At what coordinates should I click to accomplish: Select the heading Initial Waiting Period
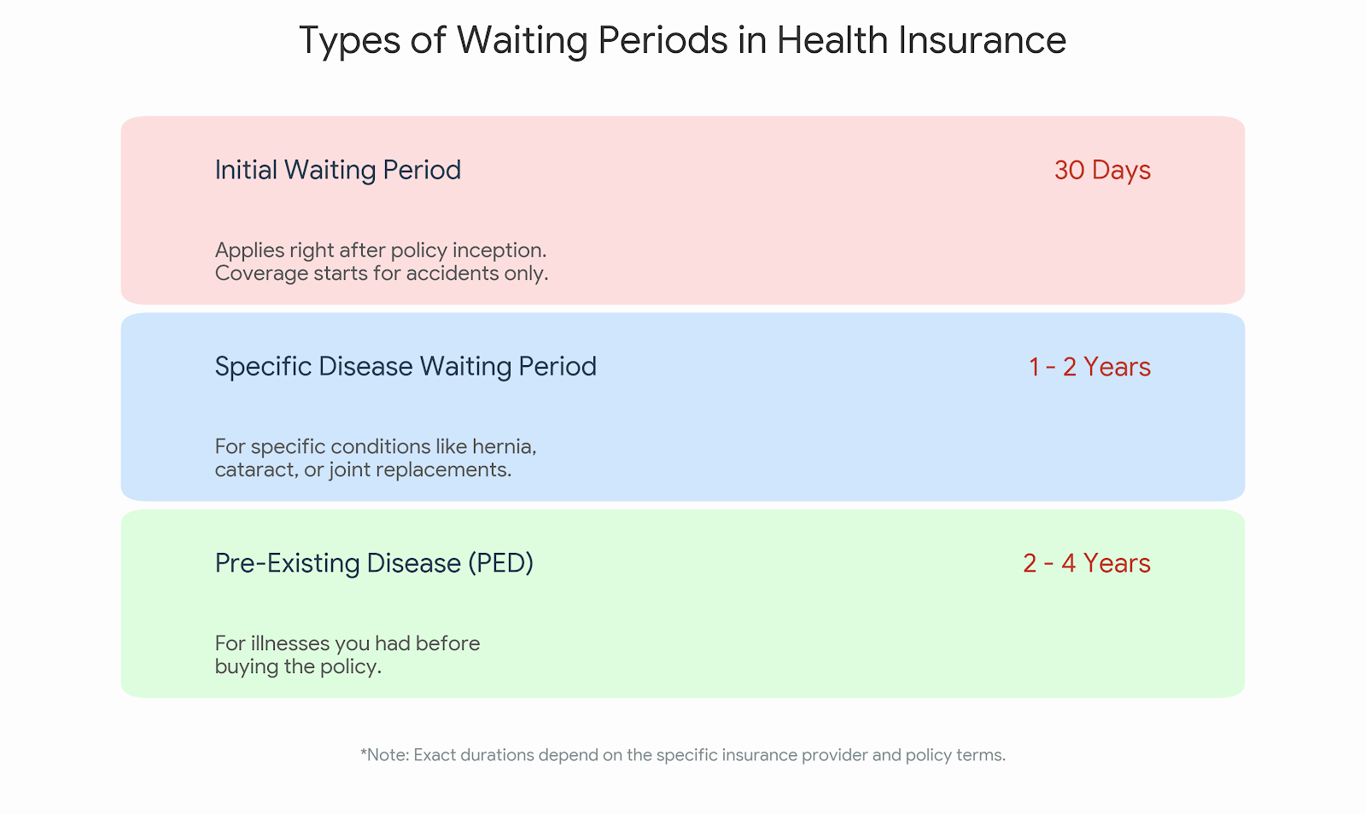coord(337,170)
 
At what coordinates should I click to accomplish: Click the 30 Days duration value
coord(1102,170)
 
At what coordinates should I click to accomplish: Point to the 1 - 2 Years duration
coord(1089,367)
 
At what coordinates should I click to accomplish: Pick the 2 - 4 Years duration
coord(1087,563)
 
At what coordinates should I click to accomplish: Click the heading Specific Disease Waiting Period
coord(406,367)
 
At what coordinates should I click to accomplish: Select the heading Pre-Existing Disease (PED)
coord(374,563)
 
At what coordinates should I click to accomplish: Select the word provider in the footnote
coord(835,755)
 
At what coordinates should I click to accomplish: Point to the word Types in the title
coord(350,40)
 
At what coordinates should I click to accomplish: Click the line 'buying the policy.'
coord(298,666)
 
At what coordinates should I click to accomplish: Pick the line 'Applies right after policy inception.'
coord(381,251)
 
